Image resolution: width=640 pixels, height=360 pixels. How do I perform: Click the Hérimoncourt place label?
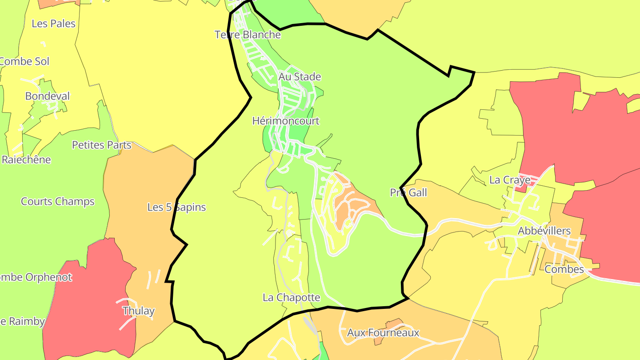[286, 121]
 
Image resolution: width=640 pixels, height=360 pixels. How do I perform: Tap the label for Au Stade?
[300, 77]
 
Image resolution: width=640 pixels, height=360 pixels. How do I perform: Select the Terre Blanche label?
[248, 35]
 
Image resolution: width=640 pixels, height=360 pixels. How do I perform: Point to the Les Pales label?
[53, 24]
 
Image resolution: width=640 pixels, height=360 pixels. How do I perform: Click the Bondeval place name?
[48, 96]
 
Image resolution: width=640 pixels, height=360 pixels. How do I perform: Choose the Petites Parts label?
[102, 145]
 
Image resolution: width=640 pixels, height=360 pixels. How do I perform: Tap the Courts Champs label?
[58, 201]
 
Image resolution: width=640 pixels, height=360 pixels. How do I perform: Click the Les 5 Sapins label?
[176, 207]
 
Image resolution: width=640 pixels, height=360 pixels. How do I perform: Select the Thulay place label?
[138, 311]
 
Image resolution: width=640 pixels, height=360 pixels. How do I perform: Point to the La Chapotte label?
[291, 297]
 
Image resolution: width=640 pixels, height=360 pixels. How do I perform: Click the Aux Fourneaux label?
[383, 332]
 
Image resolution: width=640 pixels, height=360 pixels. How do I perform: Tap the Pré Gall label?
[408, 192]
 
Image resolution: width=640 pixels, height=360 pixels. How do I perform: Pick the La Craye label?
[510, 180]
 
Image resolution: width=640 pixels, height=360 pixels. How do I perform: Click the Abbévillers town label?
[544, 231]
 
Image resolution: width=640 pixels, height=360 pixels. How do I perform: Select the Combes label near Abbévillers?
[564, 269]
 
